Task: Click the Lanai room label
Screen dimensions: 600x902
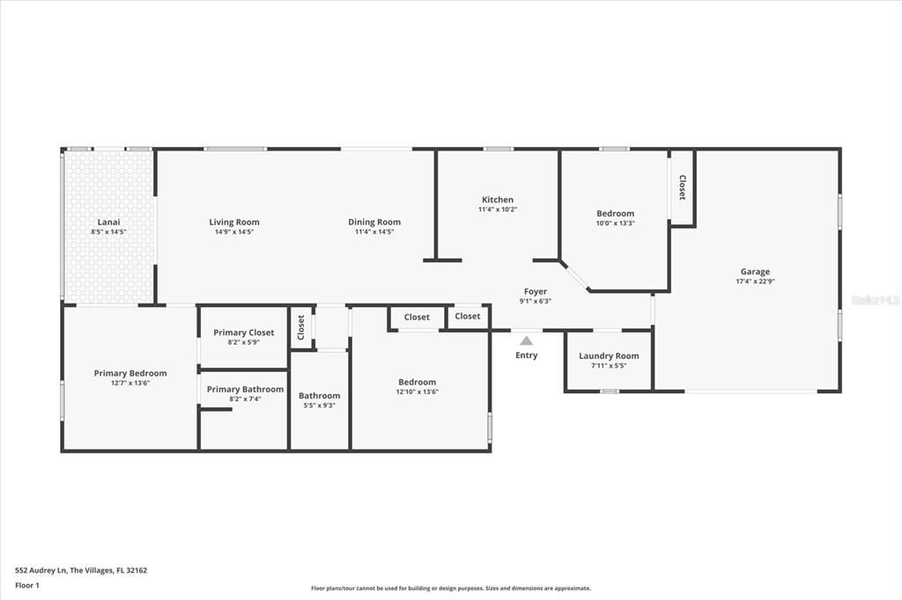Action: [108, 222]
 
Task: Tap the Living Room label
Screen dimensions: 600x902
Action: [233, 222]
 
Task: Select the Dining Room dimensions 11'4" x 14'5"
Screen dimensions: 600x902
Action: [374, 232]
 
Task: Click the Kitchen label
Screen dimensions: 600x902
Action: [497, 200]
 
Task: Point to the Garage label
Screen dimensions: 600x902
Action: [754, 272]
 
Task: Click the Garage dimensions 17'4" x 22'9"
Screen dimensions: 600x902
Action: [754, 282]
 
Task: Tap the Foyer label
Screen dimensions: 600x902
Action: [535, 291]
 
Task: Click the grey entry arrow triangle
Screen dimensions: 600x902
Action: [526, 340]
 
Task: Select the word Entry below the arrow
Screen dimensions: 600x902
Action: [526, 355]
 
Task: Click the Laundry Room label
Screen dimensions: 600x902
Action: [609, 355]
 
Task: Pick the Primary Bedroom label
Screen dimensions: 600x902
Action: [130, 373]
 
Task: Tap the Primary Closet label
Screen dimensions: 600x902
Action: [243, 333]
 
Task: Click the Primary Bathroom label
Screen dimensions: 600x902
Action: [245, 389]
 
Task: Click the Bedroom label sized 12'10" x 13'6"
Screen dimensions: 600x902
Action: [417, 382]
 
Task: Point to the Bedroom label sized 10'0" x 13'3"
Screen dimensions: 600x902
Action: [615, 214]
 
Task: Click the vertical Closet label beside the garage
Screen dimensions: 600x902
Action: [682, 187]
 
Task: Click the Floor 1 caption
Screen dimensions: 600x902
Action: [27, 584]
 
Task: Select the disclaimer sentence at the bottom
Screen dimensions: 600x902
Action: [450, 589]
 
